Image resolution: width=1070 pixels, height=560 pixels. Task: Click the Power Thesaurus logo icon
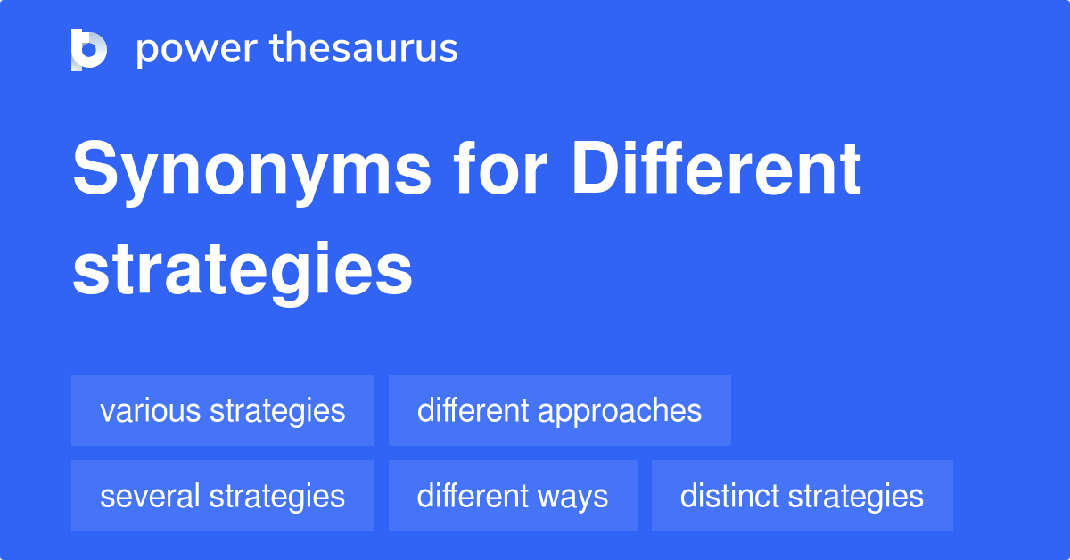tap(89, 49)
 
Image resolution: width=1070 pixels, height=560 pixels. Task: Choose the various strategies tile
tap(223, 410)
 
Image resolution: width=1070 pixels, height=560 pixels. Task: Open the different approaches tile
tap(559, 410)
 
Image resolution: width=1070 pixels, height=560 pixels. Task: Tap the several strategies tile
tap(223, 496)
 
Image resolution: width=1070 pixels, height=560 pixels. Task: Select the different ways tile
tap(513, 496)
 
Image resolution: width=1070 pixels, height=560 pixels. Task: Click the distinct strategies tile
tap(802, 496)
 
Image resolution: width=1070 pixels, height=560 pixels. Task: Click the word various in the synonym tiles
tap(151, 410)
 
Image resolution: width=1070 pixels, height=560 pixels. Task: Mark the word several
tap(152, 496)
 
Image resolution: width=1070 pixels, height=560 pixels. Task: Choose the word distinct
tap(726, 496)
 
